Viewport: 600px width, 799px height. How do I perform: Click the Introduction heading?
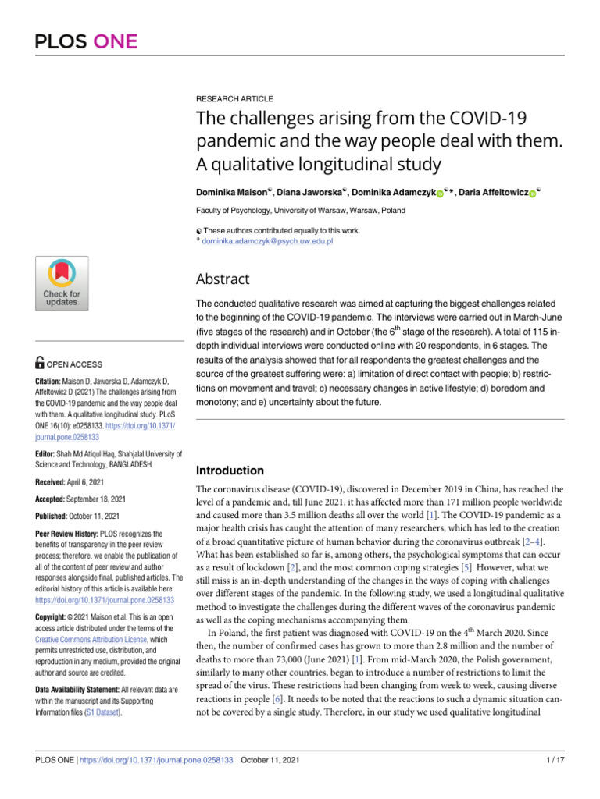(x=230, y=471)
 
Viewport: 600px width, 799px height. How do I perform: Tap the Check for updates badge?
(x=60, y=282)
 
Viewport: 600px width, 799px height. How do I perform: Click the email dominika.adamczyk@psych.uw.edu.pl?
(x=268, y=243)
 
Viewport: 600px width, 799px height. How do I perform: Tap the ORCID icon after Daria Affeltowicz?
(x=532, y=194)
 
